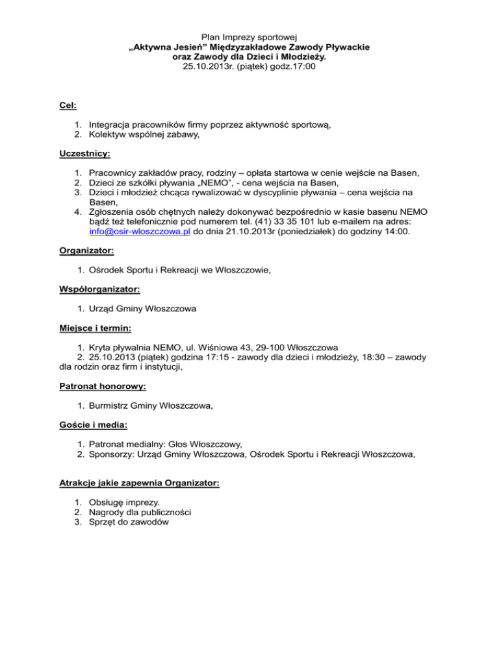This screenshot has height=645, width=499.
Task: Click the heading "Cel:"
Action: coord(66,103)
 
